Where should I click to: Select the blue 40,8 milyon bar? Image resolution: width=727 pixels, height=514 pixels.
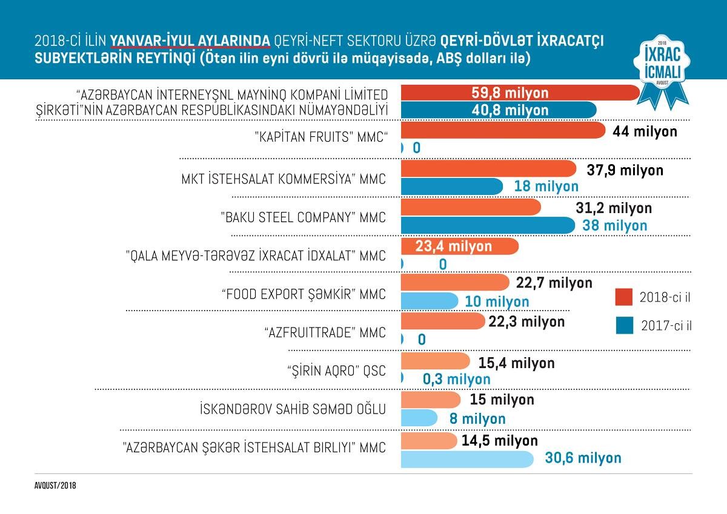coord(498,111)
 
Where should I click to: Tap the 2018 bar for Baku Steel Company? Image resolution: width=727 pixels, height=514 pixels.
coord(470,208)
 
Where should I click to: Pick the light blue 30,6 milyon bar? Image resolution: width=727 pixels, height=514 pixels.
coord(466,458)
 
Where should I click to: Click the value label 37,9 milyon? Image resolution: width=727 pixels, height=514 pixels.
coord(625,170)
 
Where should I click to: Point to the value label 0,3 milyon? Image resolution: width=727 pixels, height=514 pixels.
coord(456,379)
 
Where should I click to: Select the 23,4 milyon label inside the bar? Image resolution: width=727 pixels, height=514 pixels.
coord(454,246)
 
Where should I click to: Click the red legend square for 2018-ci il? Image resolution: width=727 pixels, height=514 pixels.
coord(624,298)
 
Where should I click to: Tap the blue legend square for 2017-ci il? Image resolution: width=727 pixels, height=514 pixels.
coord(624,325)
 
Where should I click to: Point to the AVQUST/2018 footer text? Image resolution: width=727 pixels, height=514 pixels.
coord(55,486)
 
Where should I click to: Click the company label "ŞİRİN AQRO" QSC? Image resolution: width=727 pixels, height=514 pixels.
coord(336,371)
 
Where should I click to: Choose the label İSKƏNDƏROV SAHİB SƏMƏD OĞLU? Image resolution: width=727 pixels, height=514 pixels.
coord(293,409)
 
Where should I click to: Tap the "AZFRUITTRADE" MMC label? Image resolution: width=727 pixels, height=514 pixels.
coord(325,332)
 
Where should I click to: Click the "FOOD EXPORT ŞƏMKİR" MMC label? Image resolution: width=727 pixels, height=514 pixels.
coord(304,294)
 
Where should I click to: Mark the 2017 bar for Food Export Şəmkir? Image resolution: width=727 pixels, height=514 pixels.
coord(429,301)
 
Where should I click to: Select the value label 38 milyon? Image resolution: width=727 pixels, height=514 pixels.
coord(614,225)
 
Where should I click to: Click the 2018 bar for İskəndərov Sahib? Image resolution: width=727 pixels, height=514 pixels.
coord(430,400)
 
